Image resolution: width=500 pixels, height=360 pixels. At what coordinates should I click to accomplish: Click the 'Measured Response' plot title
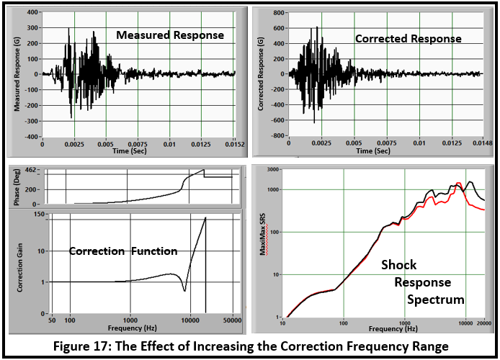coord(169,35)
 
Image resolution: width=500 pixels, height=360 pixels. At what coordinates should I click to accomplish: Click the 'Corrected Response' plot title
coord(408,38)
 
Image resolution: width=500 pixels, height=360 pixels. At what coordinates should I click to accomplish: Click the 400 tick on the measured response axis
coord(32,12)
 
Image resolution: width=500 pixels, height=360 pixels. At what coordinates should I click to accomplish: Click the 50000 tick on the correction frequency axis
coord(232,318)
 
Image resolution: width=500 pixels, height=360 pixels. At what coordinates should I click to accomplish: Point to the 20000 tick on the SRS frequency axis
coord(483,322)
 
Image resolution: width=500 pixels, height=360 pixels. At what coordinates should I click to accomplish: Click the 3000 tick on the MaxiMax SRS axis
coord(272,169)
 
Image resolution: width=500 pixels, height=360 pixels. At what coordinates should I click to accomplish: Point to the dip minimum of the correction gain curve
coord(185,290)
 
